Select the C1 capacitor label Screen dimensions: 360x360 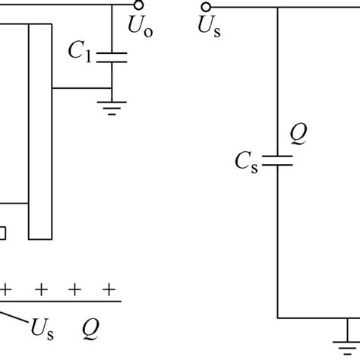80,52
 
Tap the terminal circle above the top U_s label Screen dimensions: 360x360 205,8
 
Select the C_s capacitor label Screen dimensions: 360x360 248,160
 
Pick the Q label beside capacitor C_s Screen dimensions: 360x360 298,134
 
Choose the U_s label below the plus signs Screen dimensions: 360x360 43,329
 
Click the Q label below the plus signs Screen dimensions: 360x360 93,329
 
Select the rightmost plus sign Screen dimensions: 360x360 110,289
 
